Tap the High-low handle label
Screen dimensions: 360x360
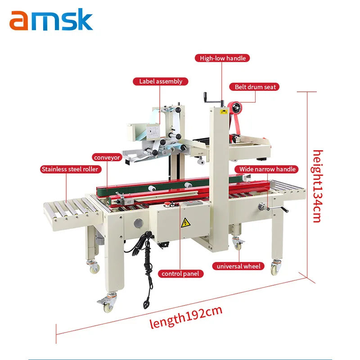tap(222, 58)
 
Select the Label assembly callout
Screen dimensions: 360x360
tap(160, 81)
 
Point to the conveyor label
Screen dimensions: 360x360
tap(107, 157)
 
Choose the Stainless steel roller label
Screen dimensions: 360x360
tap(70, 169)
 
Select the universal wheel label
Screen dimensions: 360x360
tap(238, 266)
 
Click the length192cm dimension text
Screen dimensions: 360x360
tap(186, 315)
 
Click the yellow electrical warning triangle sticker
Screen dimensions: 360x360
tap(184, 223)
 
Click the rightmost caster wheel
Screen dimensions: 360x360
tap(275, 269)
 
